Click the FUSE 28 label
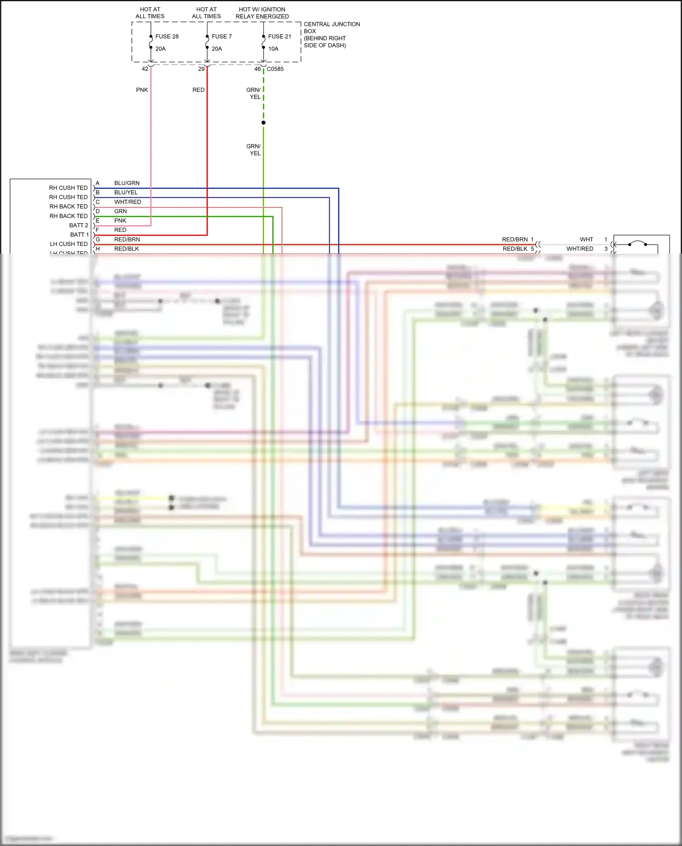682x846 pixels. (166, 36)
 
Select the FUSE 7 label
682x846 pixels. (221, 36)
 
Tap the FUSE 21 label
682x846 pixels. (279, 36)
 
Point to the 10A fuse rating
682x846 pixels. (273, 49)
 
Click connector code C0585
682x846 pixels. (275, 69)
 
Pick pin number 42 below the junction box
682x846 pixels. (145, 69)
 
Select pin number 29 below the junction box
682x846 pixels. (201, 69)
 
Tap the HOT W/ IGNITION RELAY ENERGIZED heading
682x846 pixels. (262, 13)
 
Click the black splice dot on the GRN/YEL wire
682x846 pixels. (263, 123)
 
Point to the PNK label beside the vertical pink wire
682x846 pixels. (142, 90)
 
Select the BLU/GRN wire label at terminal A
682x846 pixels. (127, 183)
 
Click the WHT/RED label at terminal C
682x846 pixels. (127, 202)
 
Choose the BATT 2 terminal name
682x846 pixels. (79, 225)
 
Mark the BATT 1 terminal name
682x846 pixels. (79, 235)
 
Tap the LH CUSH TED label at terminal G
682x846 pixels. (69, 244)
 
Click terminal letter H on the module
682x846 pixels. (97, 249)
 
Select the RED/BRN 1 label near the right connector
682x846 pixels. (517, 240)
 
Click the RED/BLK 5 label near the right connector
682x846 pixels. (518, 249)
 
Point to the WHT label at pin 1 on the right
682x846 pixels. (586, 240)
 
